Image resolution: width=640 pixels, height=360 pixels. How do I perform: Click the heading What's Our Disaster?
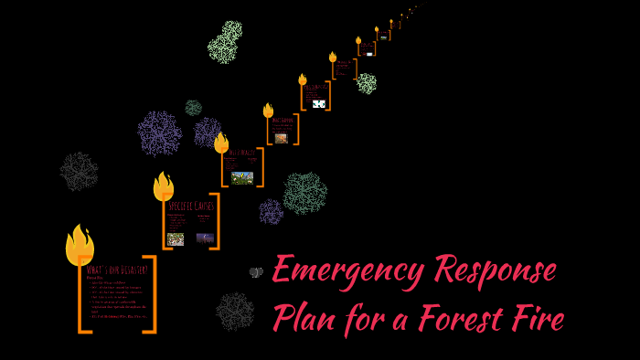pos(117,270)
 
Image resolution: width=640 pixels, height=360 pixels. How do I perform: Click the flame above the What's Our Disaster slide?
pos(80,244)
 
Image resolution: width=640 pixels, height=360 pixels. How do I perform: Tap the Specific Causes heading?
pos(191,206)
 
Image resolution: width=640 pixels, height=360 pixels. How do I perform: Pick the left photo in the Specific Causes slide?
pos(176,239)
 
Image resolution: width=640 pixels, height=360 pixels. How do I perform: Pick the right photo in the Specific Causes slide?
pos(205,238)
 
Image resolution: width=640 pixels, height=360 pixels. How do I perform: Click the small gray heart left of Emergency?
pos(256,272)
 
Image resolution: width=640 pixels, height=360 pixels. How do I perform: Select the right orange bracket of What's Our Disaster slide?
pos(150,294)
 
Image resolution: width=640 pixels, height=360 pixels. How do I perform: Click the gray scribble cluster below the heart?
pos(235,312)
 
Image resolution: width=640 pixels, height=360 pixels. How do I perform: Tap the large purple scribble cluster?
pos(160,132)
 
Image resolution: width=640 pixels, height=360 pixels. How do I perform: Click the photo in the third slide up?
pos(242,177)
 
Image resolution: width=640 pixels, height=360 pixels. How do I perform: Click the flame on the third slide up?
pos(221,143)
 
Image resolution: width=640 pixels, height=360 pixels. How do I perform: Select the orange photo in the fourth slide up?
pos(281,138)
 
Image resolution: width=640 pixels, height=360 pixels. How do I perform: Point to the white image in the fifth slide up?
pos(318,104)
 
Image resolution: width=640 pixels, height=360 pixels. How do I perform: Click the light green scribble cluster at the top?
pos(225,42)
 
